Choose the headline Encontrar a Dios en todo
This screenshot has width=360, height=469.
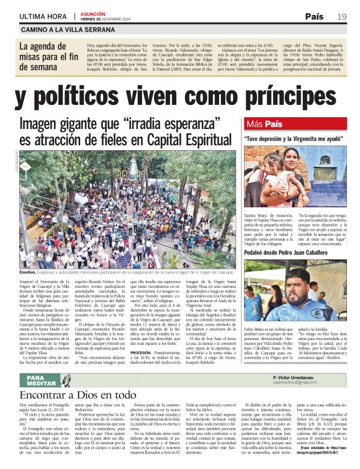78,395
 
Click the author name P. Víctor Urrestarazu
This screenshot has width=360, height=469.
301,377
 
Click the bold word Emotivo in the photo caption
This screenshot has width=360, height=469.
27,272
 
